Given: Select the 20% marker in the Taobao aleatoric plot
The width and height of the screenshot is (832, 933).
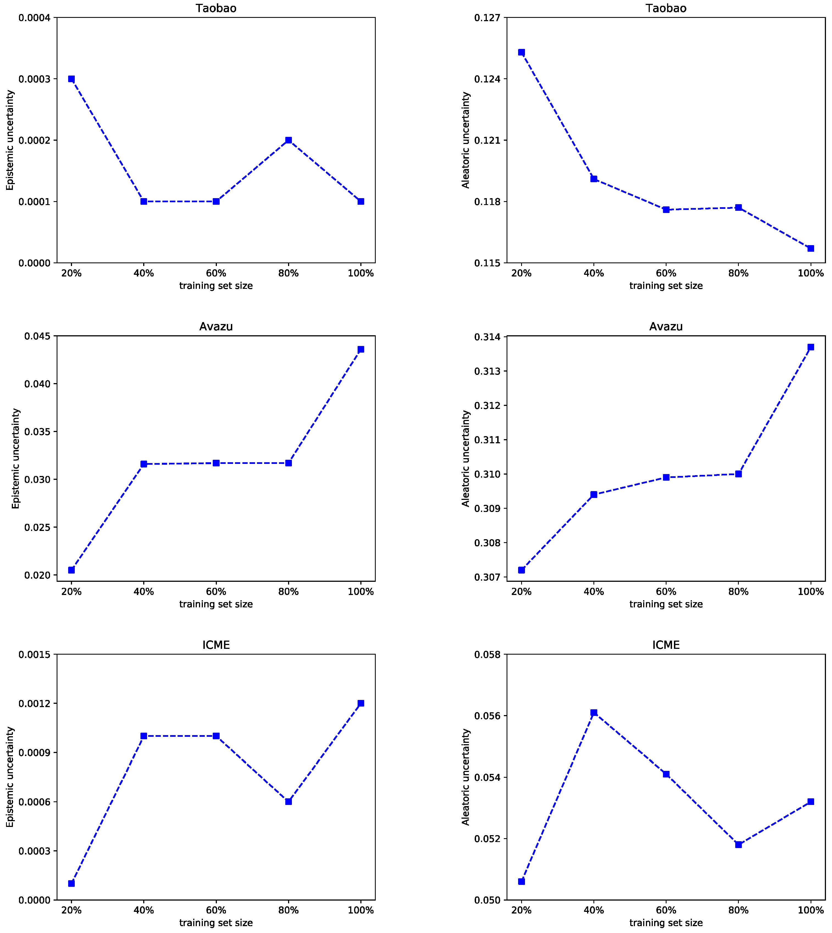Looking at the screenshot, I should click(522, 52).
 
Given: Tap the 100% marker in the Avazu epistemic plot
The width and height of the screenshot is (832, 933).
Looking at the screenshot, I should click(361, 349).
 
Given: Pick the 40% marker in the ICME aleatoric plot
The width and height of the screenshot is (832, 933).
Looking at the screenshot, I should click(594, 713).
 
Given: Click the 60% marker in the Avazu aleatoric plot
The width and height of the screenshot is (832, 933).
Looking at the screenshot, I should click(666, 477).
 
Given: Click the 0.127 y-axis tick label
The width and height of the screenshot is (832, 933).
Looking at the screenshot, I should click(487, 18).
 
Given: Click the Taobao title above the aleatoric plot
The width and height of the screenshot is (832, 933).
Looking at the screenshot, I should click(666, 8).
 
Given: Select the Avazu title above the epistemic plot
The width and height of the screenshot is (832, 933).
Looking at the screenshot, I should click(216, 326).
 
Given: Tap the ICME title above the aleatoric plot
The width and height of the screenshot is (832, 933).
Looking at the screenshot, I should click(666, 645).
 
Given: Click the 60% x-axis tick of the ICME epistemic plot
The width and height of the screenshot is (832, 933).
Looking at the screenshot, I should click(216, 910).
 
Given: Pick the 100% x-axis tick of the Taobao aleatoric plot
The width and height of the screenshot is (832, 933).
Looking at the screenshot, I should click(811, 273).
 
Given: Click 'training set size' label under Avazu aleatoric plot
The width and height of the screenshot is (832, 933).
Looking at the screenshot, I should click(666, 604).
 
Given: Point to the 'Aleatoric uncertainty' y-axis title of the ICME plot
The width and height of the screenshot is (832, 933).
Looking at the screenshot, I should click(466, 777).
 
